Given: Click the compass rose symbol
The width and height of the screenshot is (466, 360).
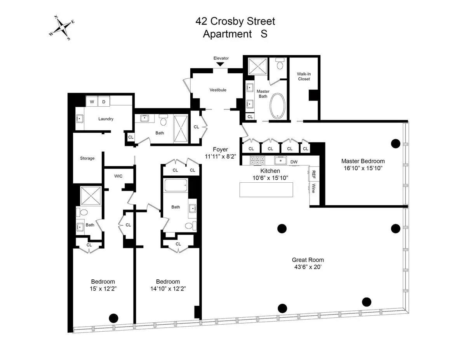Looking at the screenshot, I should [x=62, y=28].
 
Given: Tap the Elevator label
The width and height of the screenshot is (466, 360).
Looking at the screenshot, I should [x=221, y=58].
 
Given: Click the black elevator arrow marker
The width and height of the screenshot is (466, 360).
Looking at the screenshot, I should [x=220, y=64].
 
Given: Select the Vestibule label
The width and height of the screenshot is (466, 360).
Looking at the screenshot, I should [x=218, y=90].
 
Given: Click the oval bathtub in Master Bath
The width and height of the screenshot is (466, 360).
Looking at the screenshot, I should [x=278, y=106].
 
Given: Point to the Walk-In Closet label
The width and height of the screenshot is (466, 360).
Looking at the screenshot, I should [x=304, y=76].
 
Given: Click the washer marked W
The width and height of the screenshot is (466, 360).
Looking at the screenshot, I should [x=92, y=102].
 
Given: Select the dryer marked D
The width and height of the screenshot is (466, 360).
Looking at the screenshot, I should [x=104, y=102].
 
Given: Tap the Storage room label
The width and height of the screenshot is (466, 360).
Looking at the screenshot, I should [x=87, y=158].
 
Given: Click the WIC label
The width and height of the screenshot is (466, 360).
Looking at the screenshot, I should [x=118, y=176].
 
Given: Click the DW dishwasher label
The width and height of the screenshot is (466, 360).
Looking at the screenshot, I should [x=294, y=162].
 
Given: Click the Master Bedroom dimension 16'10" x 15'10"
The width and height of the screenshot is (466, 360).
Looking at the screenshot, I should [x=363, y=168].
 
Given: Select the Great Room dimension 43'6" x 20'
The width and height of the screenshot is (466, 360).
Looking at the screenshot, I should [x=308, y=267].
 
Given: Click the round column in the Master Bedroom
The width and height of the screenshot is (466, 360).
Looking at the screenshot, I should [x=395, y=144].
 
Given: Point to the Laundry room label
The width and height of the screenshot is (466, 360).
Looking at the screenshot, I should [x=106, y=119].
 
